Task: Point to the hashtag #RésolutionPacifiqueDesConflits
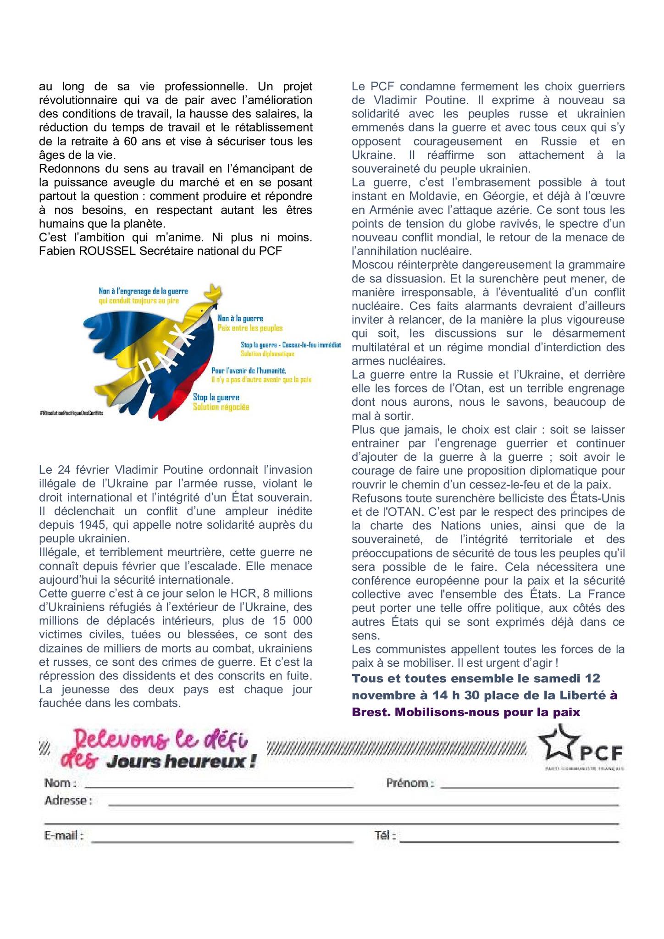pyautogui.click(x=72, y=413)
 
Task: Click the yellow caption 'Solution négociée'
pyautogui.click(x=221, y=407)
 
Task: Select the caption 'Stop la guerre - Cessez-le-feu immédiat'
pyautogui.click(x=290, y=344)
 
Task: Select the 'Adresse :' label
pyautogui.click(x=68, y=801)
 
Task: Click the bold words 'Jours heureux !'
pyautogui.click(x=181, y=762)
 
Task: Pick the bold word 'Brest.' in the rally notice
pyautogui.click(x=370, y=712)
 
